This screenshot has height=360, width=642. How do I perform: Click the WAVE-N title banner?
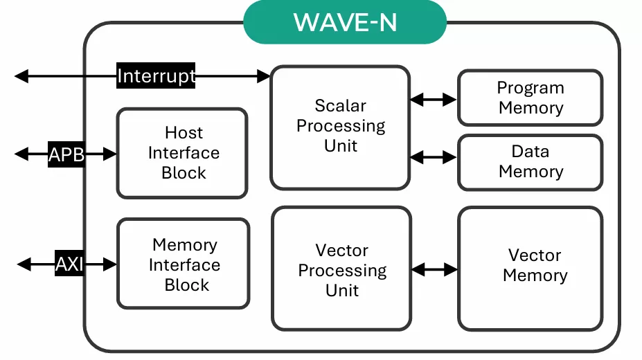tap(345, 21)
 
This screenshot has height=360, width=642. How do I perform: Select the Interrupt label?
tap(156, 75)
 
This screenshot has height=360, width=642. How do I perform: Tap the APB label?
tap(66, 154)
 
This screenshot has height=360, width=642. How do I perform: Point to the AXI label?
tap(69, 264)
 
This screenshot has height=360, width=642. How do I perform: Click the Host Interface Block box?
tap(182, 153)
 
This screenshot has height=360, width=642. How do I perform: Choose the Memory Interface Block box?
tap(184, 264)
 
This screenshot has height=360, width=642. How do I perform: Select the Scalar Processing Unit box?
tap(340, 127)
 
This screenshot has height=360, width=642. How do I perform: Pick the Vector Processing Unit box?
tap(341, 270)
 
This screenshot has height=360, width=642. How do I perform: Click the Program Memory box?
tap(530, 98)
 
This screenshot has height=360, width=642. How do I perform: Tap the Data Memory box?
tap(530, 161)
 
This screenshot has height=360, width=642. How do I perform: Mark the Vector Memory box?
tap(530, 268)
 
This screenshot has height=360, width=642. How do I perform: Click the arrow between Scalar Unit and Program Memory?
tap(434, 100)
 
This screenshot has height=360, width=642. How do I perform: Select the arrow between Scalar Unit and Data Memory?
tap(434, 157)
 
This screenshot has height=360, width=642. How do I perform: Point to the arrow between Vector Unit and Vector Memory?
tap(434, 269)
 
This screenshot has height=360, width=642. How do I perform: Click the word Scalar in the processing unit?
tap(340, 106)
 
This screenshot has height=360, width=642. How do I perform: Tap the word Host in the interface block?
tap(184, 132)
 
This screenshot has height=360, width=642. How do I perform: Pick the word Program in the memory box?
tap(530, 88)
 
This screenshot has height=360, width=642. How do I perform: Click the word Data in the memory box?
tap(530, 151)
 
